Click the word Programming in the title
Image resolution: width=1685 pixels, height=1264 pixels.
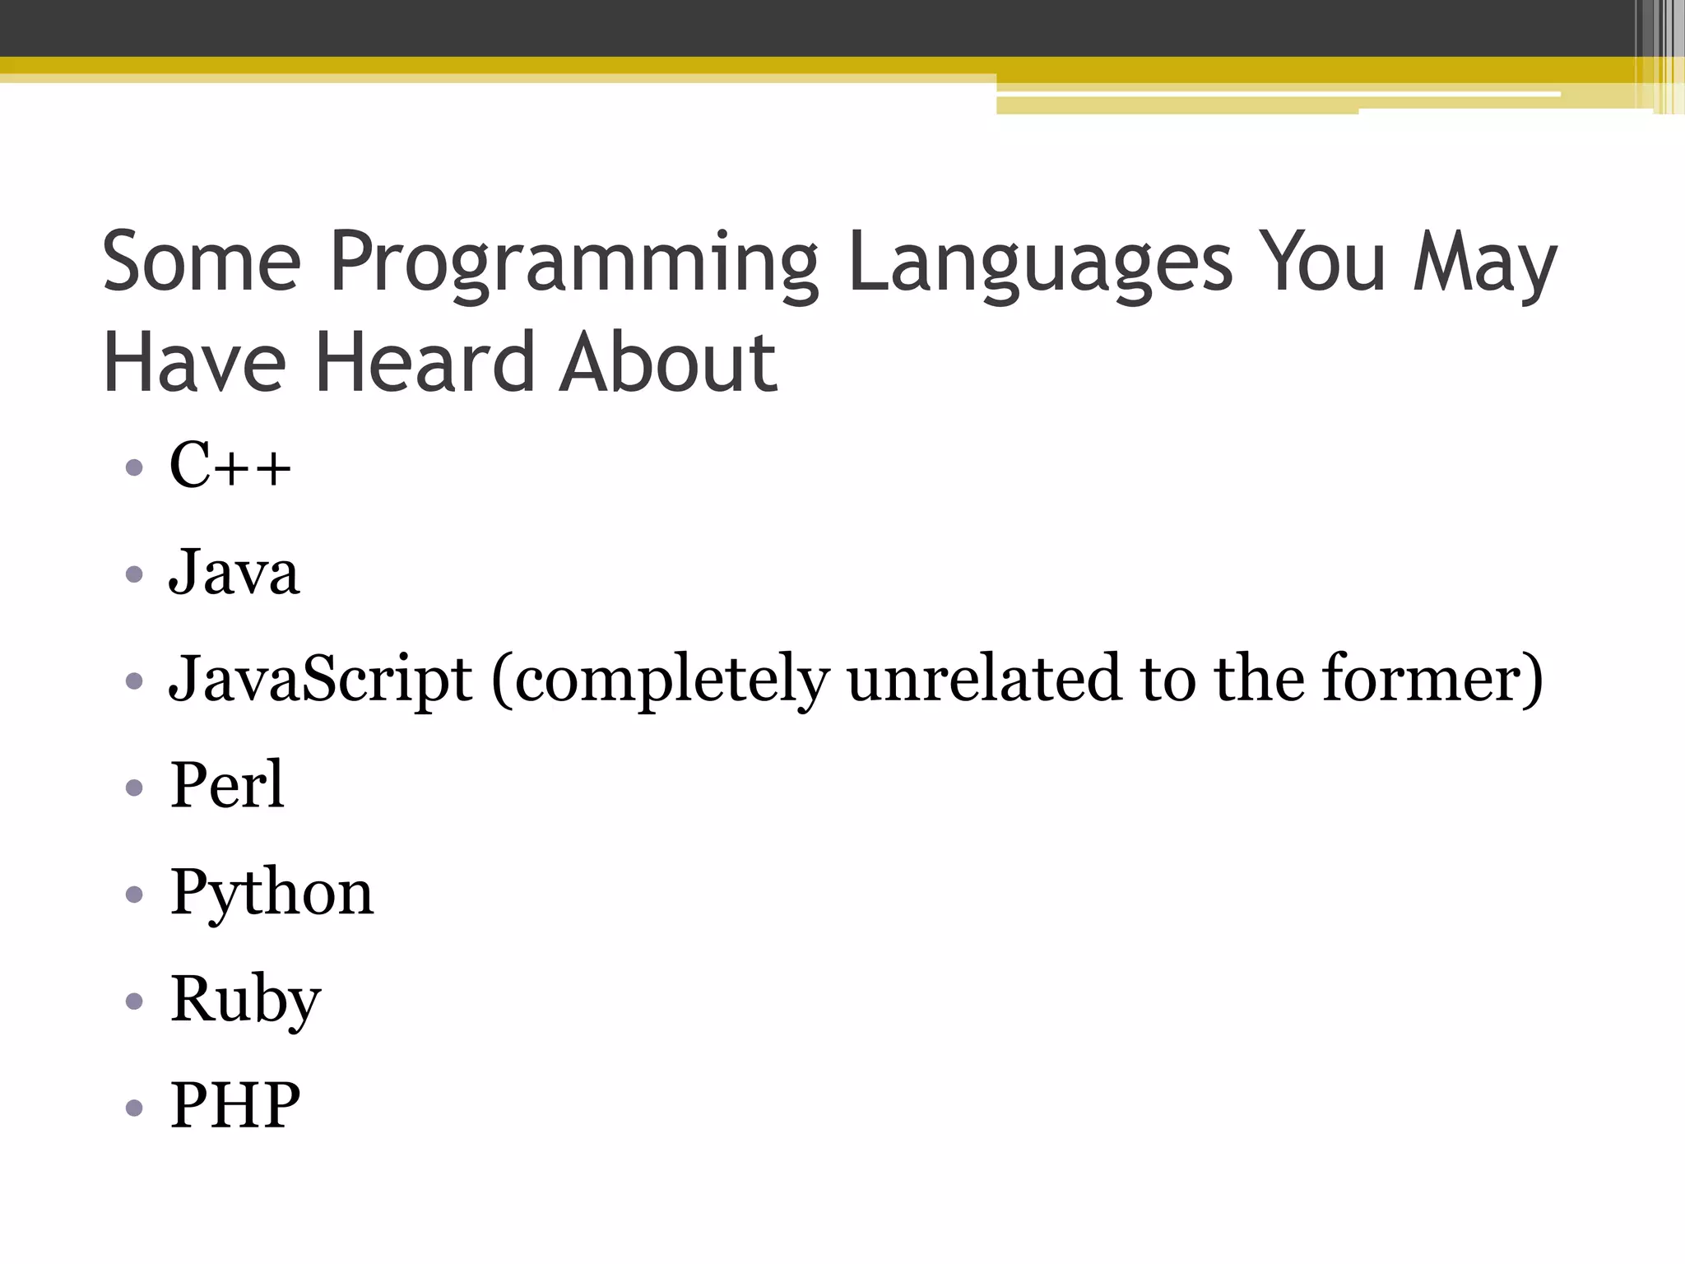point(574,263)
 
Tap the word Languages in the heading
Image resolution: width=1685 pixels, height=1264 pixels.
point(1040,263)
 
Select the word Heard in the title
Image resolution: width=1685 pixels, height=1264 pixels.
point(424,362)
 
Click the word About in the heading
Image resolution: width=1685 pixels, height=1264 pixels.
point(667,362)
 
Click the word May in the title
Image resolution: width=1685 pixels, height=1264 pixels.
point(1484,263)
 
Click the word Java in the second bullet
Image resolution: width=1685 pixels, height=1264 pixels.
point(234,573)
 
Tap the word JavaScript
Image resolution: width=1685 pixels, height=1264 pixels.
point(321,680)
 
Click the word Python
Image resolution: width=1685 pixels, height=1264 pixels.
point(272,893)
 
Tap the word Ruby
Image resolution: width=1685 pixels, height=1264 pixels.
point(245,1000)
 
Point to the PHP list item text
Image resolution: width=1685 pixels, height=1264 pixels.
point(235,1105)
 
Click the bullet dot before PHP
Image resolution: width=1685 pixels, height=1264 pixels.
point(135,1108)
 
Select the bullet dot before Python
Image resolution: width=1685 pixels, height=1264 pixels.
point(135,895)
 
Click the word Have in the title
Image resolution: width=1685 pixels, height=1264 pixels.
point(194,362)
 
